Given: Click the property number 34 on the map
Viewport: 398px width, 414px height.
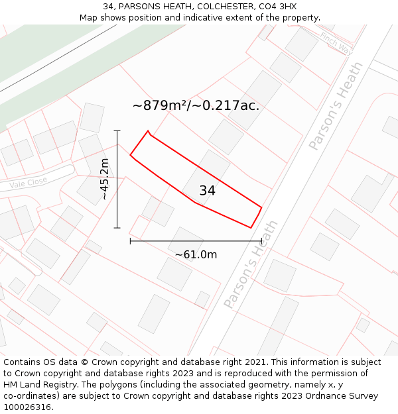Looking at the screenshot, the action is pyautogui.click(x=207, y=191).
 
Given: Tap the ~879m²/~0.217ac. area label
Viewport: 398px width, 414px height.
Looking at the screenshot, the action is pyautogui.click(x=196, y=105).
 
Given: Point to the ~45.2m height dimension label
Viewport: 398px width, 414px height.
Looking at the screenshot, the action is pyautogui.click(x=104, y=179).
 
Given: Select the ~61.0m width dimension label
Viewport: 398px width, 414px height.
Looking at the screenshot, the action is pyautogui.click(x=196, y=254).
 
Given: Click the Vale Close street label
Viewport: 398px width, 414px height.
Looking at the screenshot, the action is pyautogui.click(x=28, y=183).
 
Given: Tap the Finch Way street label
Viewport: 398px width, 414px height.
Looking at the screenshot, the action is pyautogui.click(x=336, y=43).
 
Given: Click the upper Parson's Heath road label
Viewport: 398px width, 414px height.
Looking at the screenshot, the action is pyautogui.click(x=336, y=106).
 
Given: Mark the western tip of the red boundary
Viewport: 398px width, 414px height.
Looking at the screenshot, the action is pyautogui.click(x=130, y=156).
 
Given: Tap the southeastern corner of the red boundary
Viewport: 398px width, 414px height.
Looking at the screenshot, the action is pyautogui.click(x=251, y=228).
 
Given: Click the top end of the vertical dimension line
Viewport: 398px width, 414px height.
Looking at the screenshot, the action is pyautogui.click(x=117, y=131).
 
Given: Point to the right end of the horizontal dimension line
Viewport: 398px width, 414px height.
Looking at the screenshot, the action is pyautogui.click(x=261, y=241).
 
